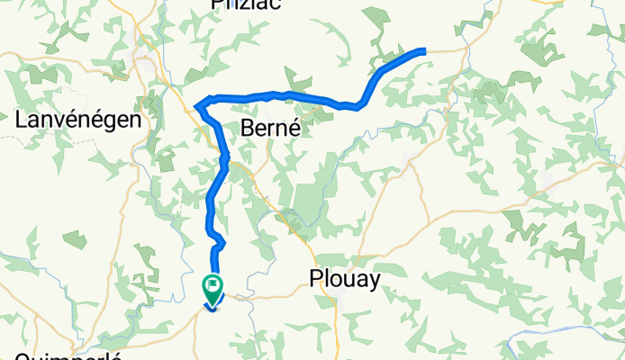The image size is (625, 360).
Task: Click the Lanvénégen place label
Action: [80, 120]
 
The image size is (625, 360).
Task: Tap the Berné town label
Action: [269, 130]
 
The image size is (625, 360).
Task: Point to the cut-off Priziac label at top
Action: [246, 4]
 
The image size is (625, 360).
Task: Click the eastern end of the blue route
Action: [423, 51]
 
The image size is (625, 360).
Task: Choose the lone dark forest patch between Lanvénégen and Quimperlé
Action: [74, 240]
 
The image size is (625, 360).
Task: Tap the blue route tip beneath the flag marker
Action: [213, 308]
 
